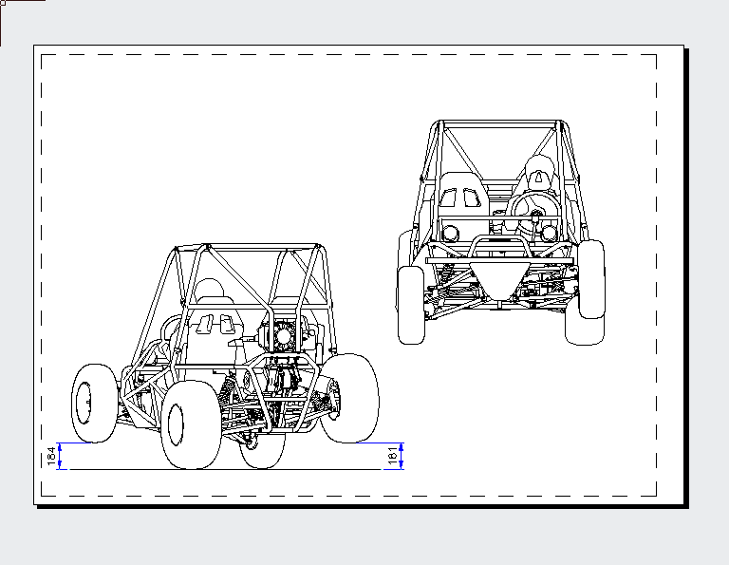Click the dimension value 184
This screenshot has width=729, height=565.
tap(50, 456)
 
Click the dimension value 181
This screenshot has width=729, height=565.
tap(392, 456)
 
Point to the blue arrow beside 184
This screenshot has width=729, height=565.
tap(60, 456)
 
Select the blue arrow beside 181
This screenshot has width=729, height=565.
tap(402, 456)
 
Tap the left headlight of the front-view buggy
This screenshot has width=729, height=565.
tap(451, 232)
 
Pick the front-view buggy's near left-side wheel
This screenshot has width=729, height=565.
tap(411, 305)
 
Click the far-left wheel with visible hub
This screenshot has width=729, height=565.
tap(91, 403)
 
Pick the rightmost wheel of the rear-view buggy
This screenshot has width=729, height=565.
tap(351, 397)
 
